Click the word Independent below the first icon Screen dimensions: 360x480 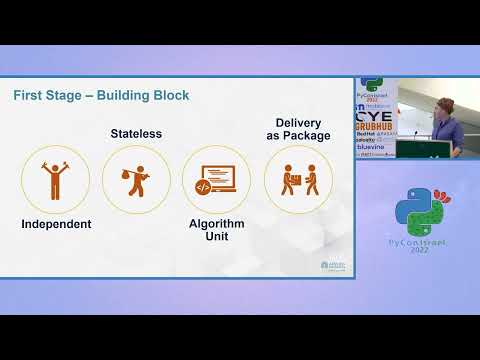(56, 223)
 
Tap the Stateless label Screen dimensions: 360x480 (136, 133)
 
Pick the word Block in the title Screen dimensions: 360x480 (167, 95)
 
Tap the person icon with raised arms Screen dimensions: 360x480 (56, 180)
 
